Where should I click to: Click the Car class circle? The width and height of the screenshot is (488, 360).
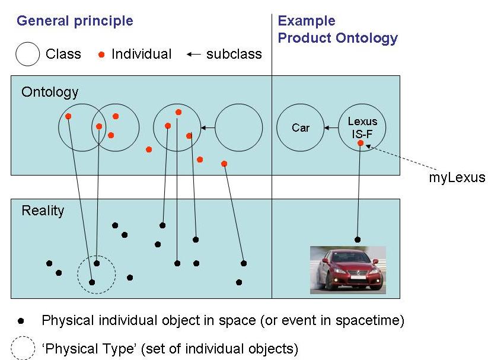pos(301,128)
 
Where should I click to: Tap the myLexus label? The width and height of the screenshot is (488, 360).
pos(457,177)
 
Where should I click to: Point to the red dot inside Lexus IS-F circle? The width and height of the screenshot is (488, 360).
pos(361,143)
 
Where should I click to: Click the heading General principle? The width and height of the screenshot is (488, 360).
pos(75,21)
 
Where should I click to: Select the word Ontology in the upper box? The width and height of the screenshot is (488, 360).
pos(50,92)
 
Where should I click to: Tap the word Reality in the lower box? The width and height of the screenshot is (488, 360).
pos(43,211)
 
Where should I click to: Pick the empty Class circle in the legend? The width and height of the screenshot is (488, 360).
pos(27,55)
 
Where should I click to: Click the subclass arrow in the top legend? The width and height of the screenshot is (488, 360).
pos(193,55)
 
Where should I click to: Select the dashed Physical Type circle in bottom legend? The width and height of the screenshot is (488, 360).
pos(23,348)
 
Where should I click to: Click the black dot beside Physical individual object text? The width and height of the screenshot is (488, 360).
pos(22,321)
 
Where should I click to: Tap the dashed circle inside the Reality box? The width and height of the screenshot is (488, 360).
pos(97,275)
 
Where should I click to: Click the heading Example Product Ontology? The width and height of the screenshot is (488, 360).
pos(337,30)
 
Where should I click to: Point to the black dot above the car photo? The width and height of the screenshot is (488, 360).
pos(357,240)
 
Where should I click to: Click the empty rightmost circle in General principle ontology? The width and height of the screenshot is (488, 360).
pos(238,128)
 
